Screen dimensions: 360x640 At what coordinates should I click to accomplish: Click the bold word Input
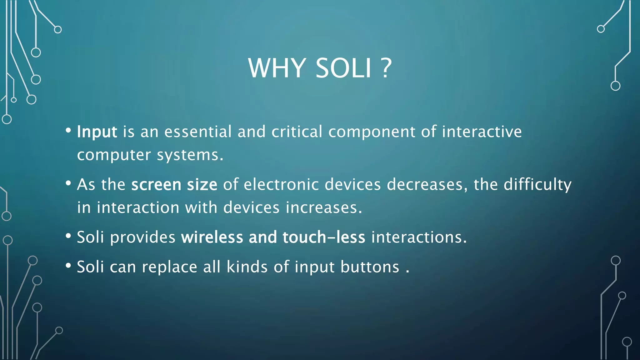click(x=97, y=132)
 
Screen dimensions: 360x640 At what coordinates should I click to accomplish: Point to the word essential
click(x=198, y=132)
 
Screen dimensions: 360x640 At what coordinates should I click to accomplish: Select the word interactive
click(x=482, y=132)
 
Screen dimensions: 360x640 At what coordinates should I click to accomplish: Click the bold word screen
click(x=156, y=185)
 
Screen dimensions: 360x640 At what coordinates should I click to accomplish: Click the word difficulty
click(x=537, y=185)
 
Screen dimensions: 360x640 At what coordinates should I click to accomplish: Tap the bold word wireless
click(x=212, y=237)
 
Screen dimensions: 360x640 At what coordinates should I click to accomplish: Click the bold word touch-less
click(x=324, y=237)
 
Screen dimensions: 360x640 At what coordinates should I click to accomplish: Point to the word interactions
click(x=419, y=237)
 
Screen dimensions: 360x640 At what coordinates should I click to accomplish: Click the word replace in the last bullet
click(x=169, y=267)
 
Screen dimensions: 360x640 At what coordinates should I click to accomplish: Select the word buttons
click(x=370, y=267)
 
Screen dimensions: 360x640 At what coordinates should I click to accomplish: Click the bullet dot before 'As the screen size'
click(x=68, y=183)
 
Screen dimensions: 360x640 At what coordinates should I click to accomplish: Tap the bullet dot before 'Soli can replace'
click(x=68, y=266)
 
